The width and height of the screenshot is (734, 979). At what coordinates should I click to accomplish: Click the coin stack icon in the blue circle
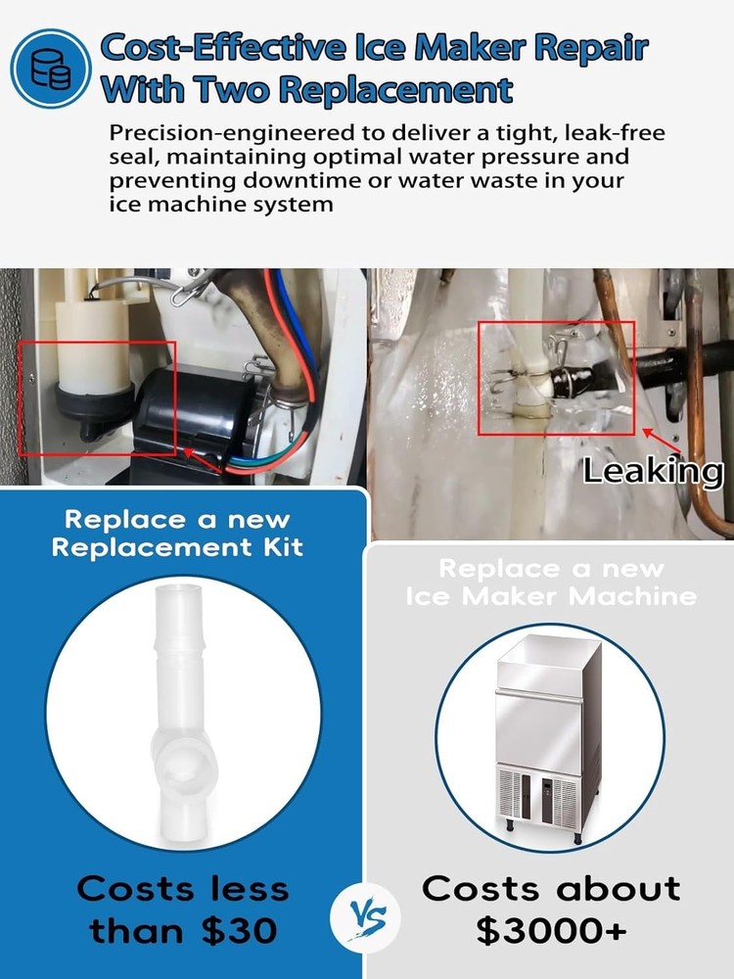[x=51, y=69]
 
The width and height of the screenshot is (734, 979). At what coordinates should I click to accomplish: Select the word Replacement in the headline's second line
[x=396, y=88]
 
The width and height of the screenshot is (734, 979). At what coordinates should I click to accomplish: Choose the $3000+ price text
[x=550, y=930]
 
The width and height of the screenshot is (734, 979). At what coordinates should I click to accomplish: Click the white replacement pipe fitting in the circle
[x=182, y=712]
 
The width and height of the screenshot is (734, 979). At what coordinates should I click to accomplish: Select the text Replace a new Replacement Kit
[x=177, y=533]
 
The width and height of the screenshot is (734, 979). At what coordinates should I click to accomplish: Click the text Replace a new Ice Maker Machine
[x=551, y=582]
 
